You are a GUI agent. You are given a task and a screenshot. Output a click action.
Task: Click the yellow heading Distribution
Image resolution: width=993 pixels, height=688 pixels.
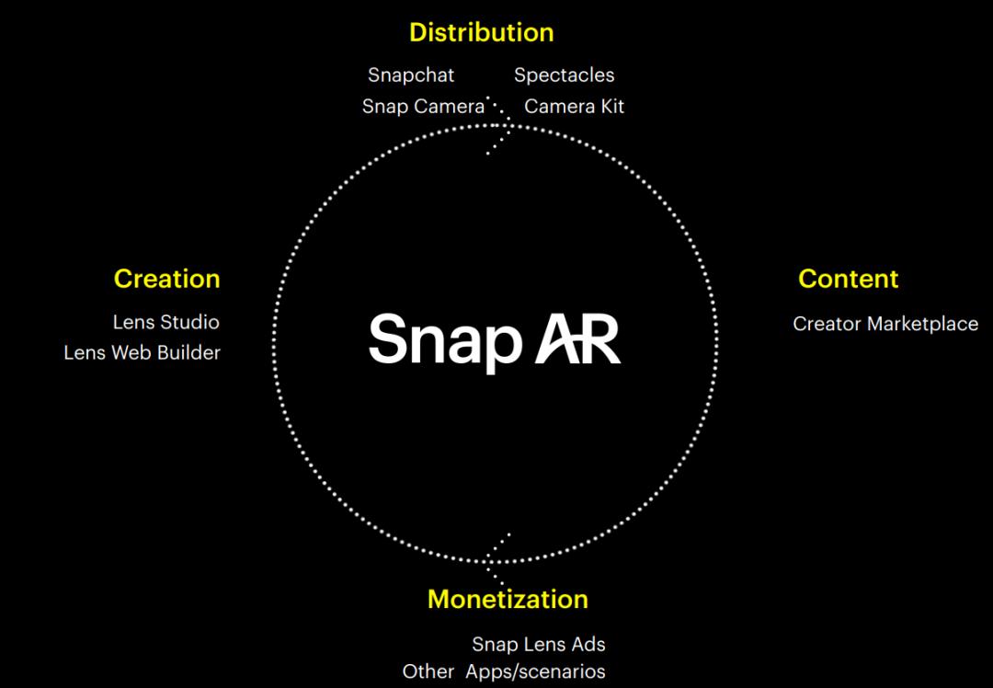tap(481, 33)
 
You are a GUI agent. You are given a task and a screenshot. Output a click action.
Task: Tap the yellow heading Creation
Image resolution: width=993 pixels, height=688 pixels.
tap(166, 279)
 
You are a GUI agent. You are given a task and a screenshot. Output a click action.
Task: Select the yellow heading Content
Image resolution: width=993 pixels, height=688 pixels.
tap(848, 279)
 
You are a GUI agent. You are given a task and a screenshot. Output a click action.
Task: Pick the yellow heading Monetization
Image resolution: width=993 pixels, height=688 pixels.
tap(508, 600)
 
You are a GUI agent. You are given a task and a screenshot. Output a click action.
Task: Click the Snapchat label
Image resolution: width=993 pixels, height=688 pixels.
tap(411, 75)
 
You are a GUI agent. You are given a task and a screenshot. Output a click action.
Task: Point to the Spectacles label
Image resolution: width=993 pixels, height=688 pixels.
tap(564, 75)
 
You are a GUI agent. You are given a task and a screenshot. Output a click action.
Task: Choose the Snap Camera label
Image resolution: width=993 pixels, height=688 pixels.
tap(423, 107)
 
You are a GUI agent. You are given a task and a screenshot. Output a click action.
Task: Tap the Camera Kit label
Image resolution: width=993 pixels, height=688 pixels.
tap(574, 107)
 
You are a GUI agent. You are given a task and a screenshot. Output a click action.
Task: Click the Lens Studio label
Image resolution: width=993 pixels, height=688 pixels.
tap(165, 323)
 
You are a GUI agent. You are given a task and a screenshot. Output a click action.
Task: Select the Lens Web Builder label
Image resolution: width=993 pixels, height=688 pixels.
tap(143, 353)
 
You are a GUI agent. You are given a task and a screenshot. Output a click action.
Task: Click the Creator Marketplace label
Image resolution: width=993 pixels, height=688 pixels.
tap(885, 324)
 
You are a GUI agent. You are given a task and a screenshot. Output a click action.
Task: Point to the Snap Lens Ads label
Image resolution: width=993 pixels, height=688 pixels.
tap(539, 645)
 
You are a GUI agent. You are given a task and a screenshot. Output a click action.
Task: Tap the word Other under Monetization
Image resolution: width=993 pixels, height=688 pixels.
tap(428, 672)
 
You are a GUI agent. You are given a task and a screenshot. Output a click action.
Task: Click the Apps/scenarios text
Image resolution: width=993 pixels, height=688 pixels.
tap(535, 672)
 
